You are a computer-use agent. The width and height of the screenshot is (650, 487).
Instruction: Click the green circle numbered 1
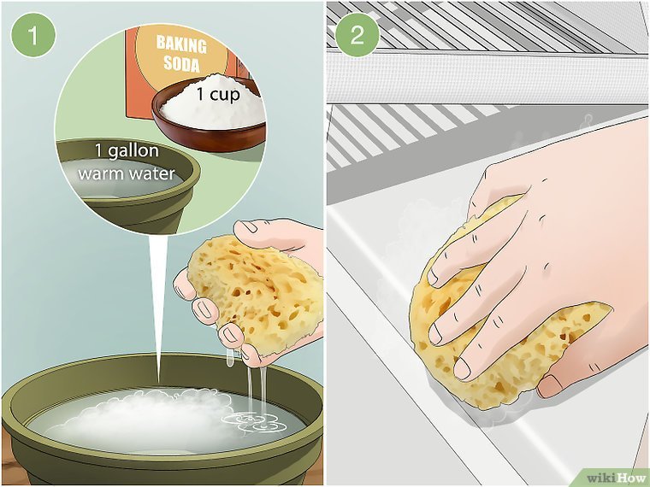(x=33, y=35)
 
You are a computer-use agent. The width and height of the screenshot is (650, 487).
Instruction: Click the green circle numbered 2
(x=357, y=35)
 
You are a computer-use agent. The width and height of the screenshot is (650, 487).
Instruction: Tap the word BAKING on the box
(x=181, y=44)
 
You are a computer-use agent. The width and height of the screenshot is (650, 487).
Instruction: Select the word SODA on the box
(x=181, y=63)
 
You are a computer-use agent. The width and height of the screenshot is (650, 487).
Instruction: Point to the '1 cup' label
(x=218, y=95)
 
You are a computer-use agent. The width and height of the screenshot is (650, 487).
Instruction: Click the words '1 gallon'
(x=127, y=150)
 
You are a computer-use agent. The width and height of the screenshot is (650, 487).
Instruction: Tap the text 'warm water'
(x=127, y=173)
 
